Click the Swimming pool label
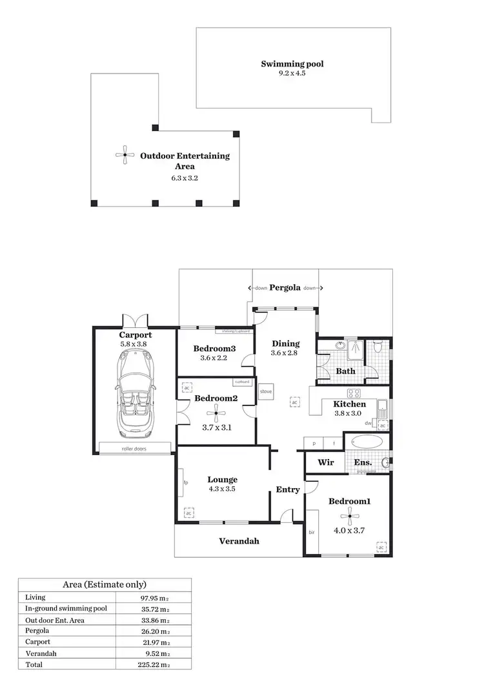[x=292, y=64]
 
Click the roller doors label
[x=136, y=448]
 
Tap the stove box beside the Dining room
[x=265, y=392]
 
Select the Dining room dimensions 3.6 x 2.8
[x=284, y=353]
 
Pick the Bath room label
[x=345, y=371]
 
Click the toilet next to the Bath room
[x=379, y=349]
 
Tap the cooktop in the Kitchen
[x=354, y=393]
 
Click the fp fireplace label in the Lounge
[x=185, y=482]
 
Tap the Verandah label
[x=239, y=541]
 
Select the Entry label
[x=288, y=490]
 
